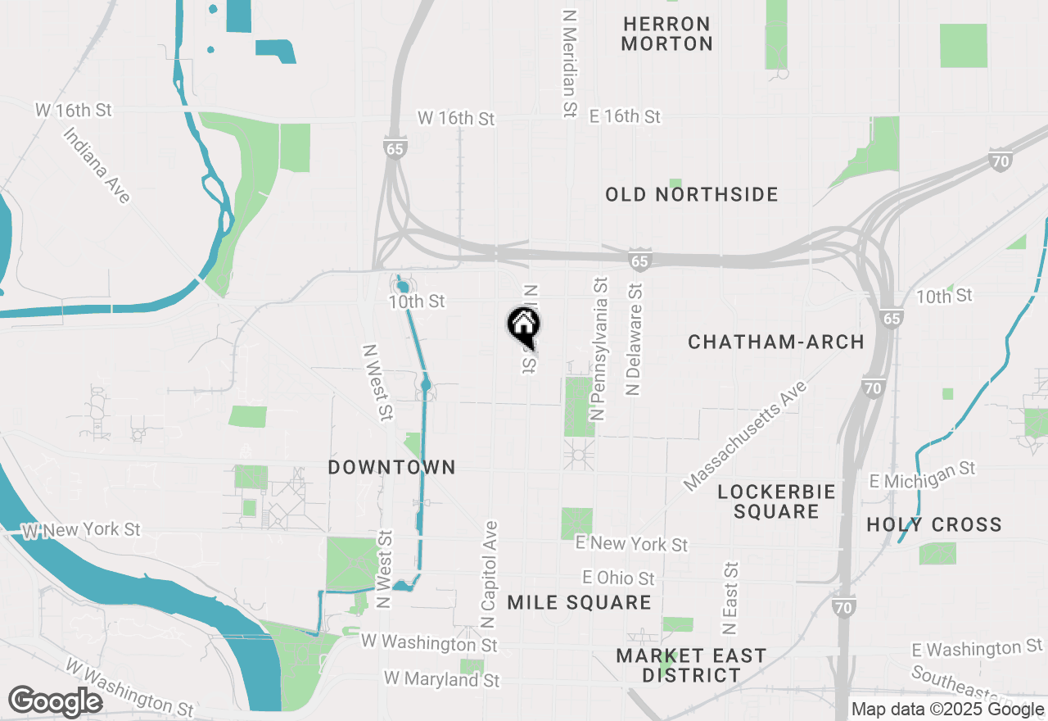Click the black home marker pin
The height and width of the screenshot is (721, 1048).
pyautogui.click(x=523, y=325)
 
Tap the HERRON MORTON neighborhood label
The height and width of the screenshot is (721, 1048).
pyautogui.click(x=666, y=34)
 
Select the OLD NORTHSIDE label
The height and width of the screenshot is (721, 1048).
pyautogui.click(x=692, y=194)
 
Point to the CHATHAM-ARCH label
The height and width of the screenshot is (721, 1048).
pyautogui.click(x=776, y=342)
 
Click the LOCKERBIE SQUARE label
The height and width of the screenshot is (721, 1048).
pyautogui.click(x=776, y=501)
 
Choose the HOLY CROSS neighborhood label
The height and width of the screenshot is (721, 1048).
pyautogui.click(x=934, y=524)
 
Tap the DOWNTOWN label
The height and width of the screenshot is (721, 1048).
pyautogui.click(x=391, y=467)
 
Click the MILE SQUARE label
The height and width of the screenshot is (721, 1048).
pyautogui.click(x=579, y=603)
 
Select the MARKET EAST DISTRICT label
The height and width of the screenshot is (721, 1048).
pyautogui.click(x=691, y=665)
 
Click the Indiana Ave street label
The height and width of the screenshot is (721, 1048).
pyautogui.click(x=97, y=165)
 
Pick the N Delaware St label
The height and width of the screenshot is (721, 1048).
pyautogui.click(x=635, y=339)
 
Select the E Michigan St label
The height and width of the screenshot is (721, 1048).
pyautogui.click(x=923, y=474)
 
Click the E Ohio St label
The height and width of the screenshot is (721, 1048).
pyautogui.click(x=618, y=578)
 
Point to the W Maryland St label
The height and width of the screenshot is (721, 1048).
pyautogui.click(x=441, y=679)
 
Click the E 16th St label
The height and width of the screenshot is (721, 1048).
pyautogui.click(x=625, y=116)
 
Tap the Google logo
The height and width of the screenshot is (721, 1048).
pyautogui.click(x=55, y=701)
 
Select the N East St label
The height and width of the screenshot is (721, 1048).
pyautogui.click(x=730, y=598)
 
